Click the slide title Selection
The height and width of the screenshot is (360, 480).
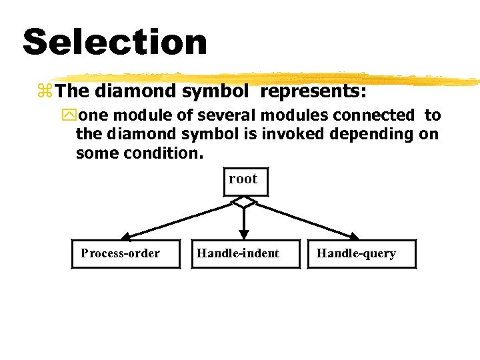115,42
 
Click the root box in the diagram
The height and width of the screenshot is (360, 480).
245,180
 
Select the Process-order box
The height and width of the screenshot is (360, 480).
125,253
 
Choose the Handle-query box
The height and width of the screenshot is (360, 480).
361,253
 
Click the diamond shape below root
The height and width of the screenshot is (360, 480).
245,201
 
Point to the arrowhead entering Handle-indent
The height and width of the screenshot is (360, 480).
245,235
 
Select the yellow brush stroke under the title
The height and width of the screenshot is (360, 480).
267,78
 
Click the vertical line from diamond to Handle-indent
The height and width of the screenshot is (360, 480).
245,219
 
